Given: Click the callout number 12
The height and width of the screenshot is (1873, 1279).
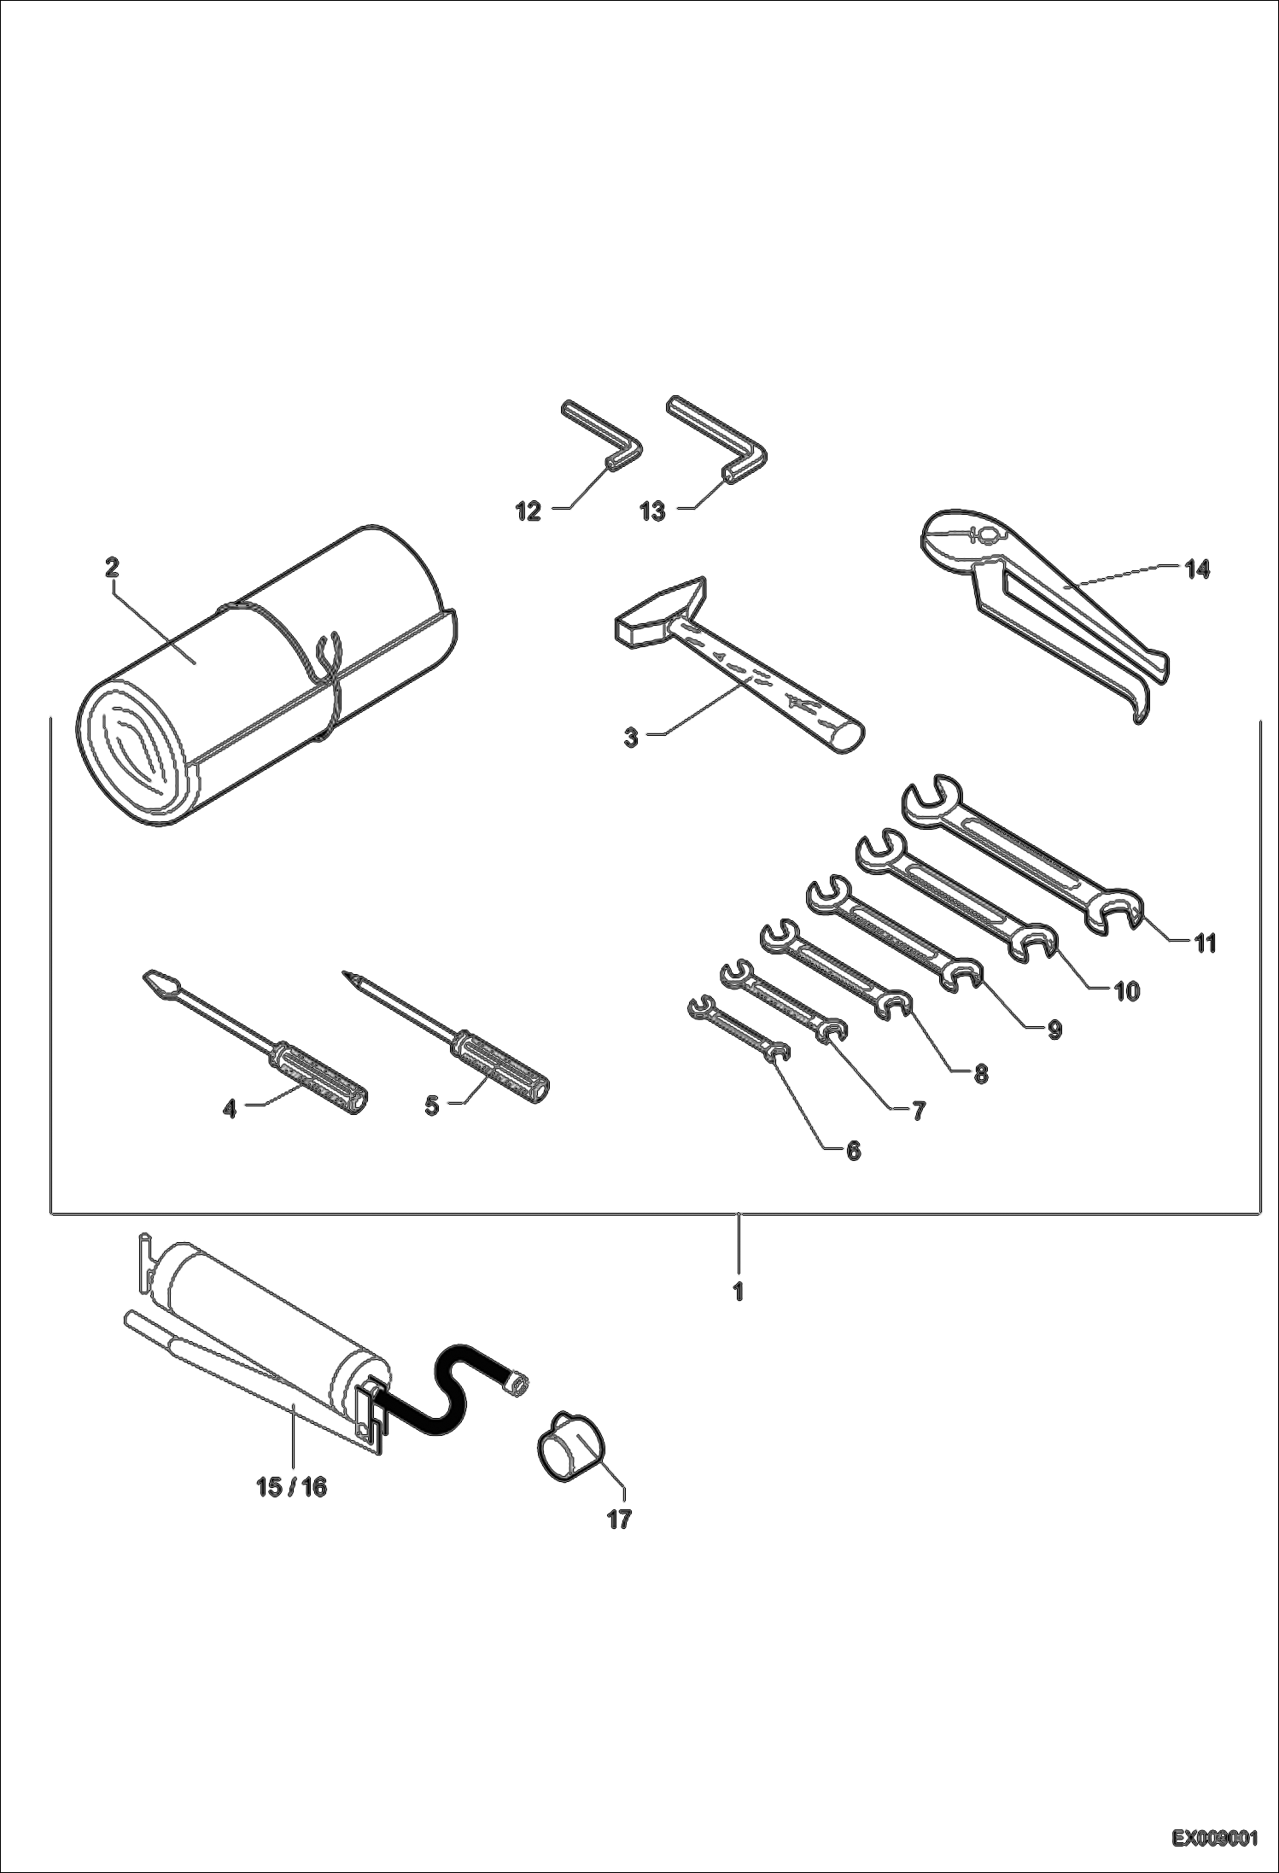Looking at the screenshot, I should [528, 511].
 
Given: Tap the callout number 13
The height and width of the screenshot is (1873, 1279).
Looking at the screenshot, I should [652, 512].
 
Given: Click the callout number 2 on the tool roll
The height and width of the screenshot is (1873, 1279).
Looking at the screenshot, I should [113, 568].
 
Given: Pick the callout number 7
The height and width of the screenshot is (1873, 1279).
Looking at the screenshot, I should [918, 1111].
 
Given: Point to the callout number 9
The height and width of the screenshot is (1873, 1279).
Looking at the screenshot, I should [1054, 1030].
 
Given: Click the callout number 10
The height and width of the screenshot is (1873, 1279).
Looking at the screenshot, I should [1126, 991].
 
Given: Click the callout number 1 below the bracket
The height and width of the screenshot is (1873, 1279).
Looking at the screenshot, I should [739, 1292].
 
